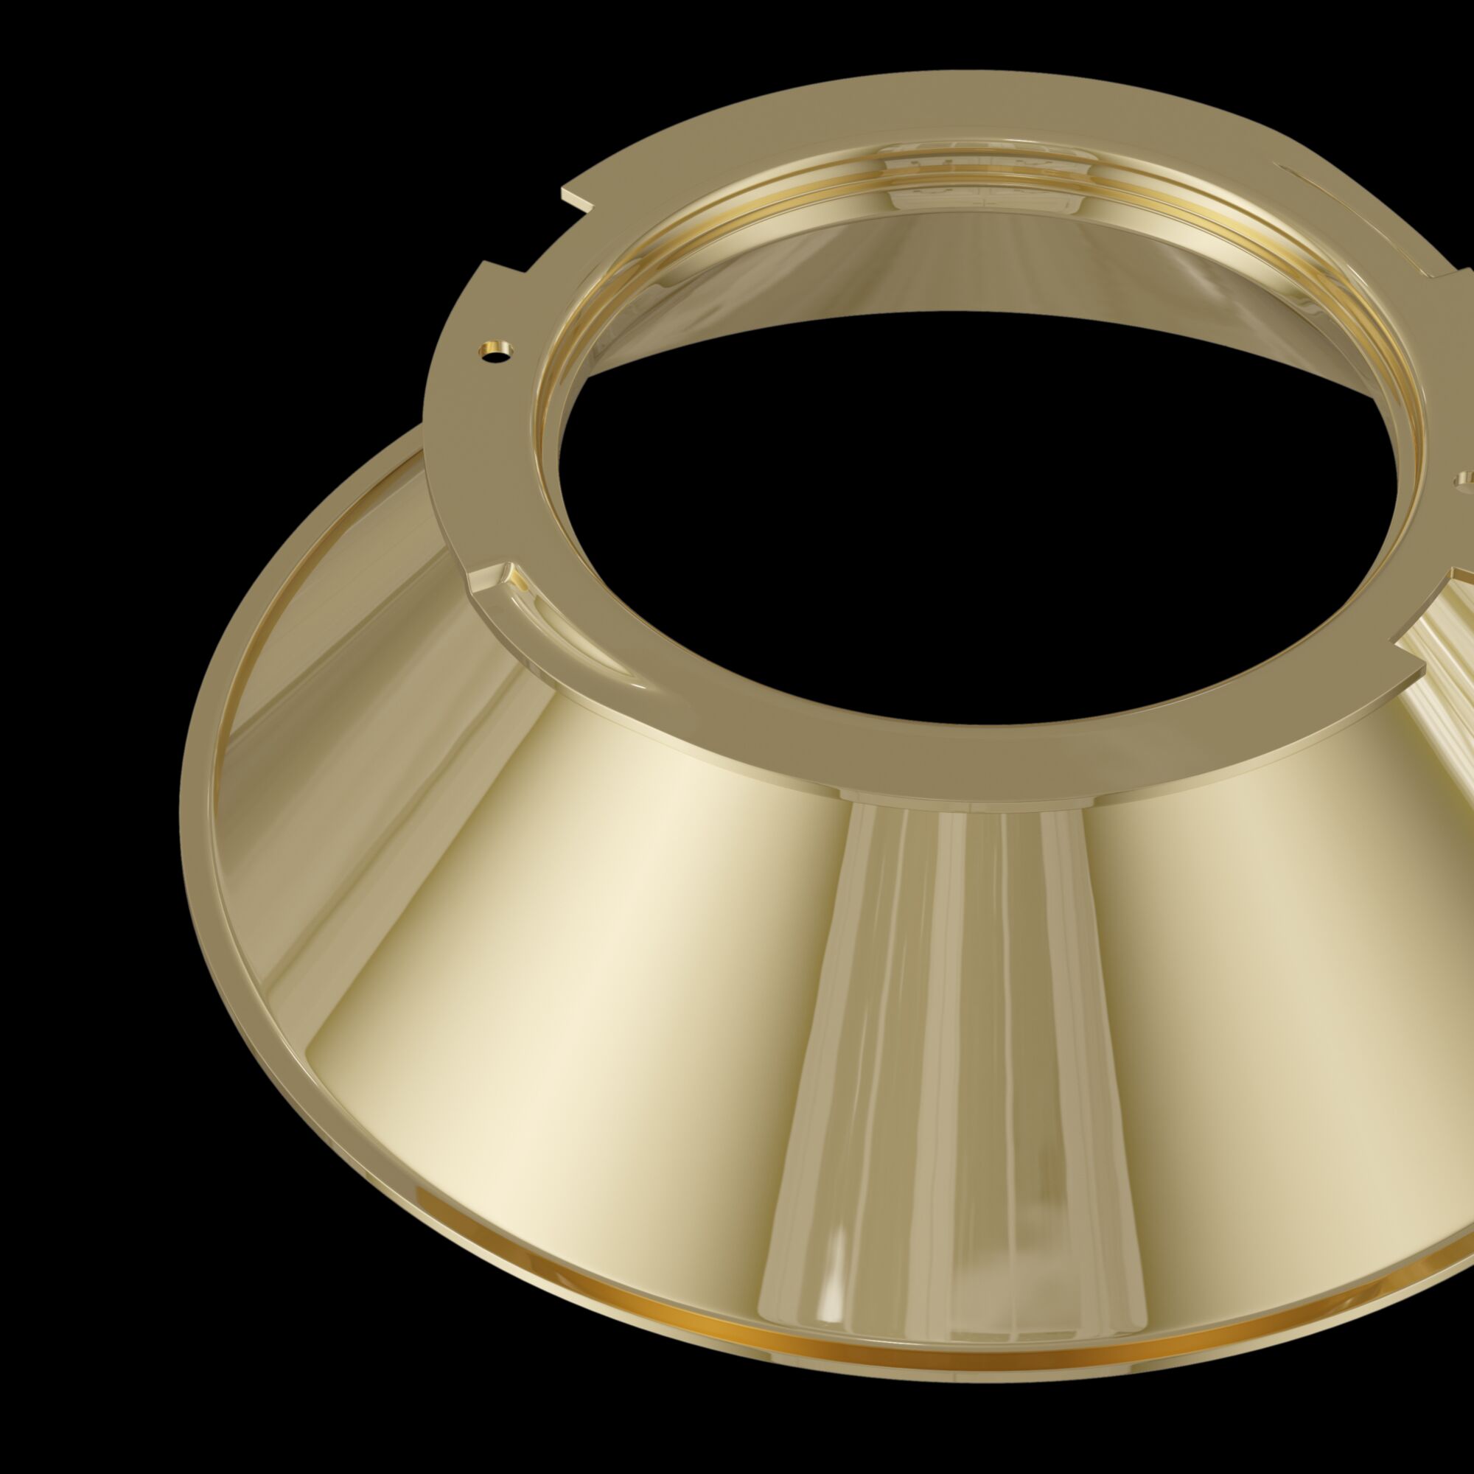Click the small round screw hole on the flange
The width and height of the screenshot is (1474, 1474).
[x=496, y=351]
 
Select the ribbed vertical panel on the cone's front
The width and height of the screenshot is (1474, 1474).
[x=954, y=1068]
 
